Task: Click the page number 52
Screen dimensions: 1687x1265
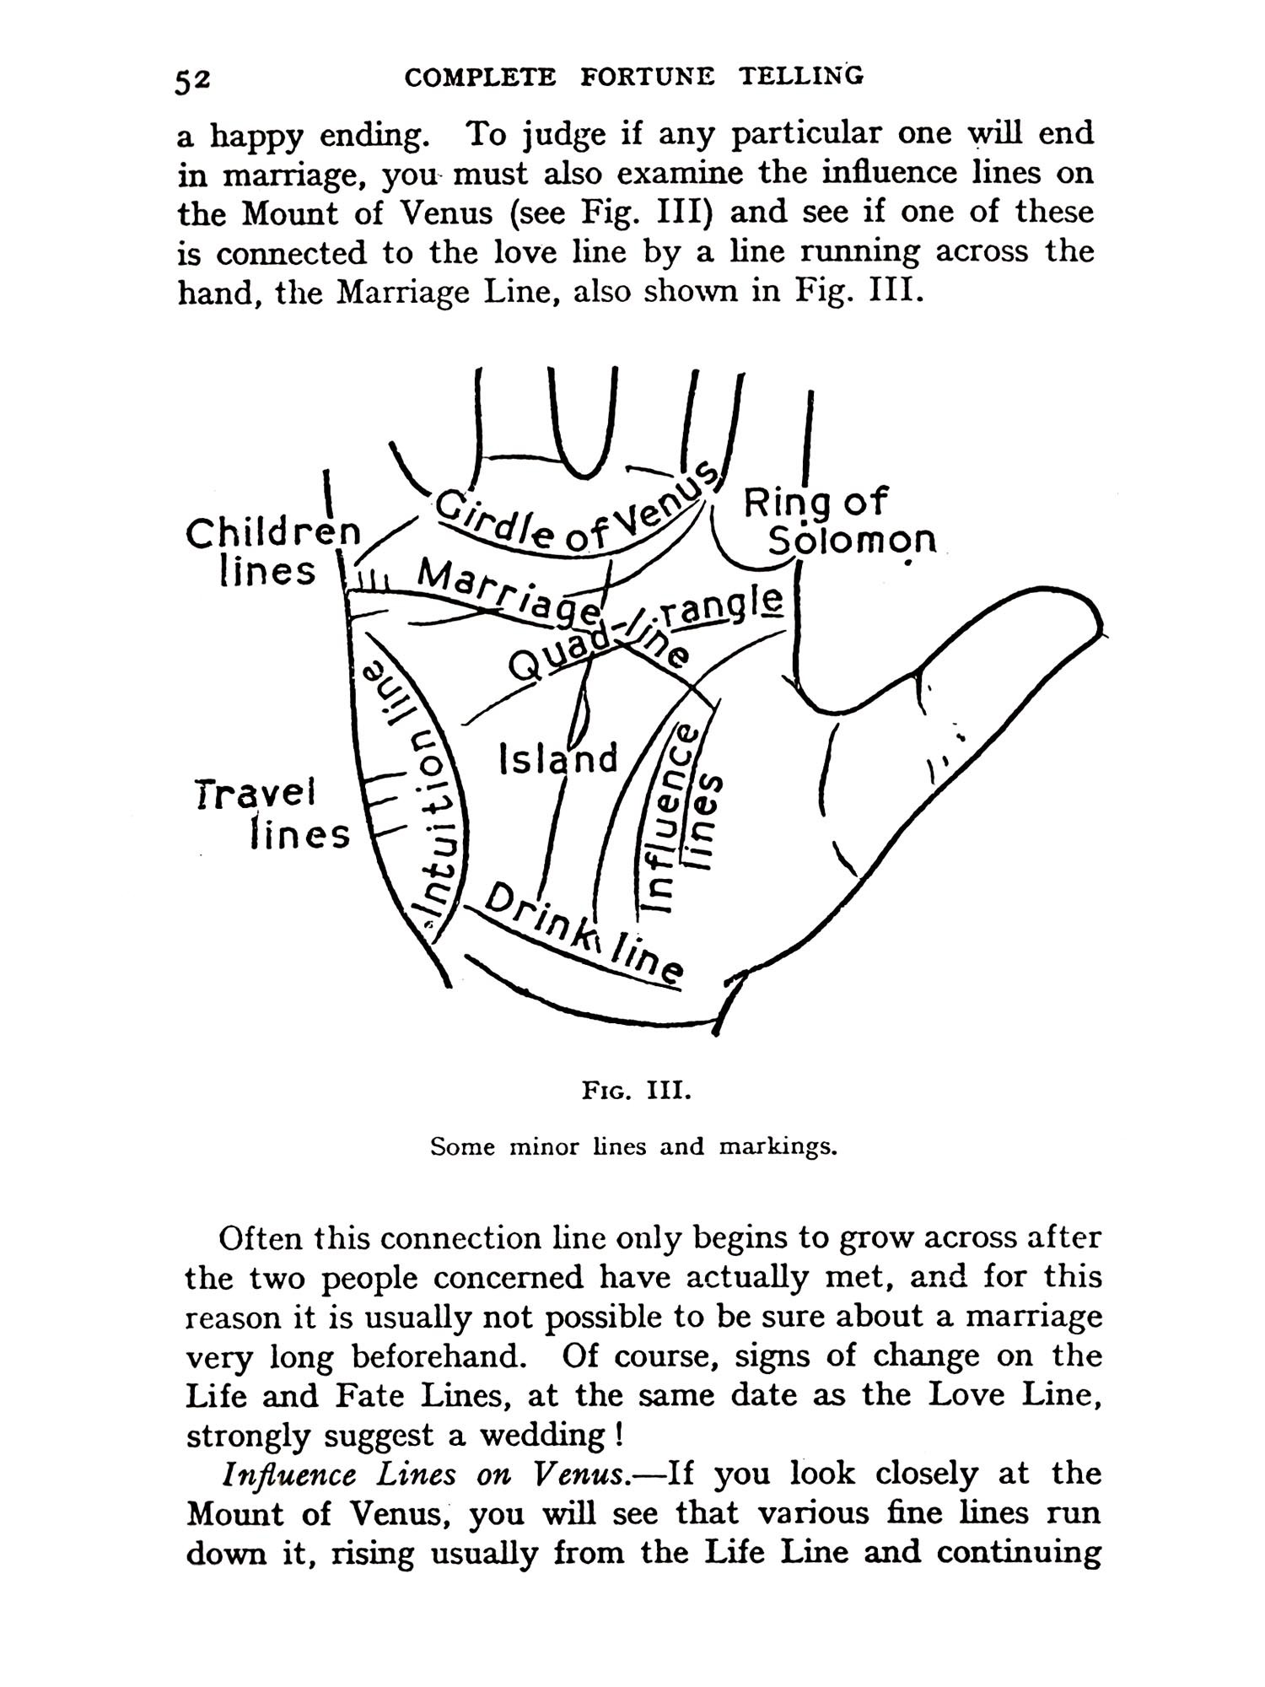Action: point(193,80)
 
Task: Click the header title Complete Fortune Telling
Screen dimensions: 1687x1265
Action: point(634,77)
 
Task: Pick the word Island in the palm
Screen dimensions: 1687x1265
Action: point(558,758)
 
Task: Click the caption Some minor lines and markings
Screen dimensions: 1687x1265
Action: point(633,1147)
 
